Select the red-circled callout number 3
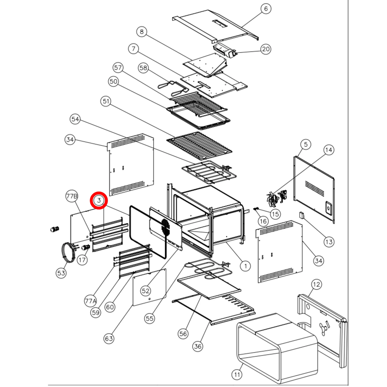click(x=99, y=201)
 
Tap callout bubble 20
click(x=266, y=49)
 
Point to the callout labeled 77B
click(x=72, y=197)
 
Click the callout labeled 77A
click(x=91, y=301)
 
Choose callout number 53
click(x=62, y=273)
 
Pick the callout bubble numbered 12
click(x=316, y=285)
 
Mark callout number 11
click(x=237, y=375)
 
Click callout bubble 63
click(x=109, y=338)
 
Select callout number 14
click(x=328, y=150)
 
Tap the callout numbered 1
click(x=245, y=266)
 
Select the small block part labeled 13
click(x=301, y=215)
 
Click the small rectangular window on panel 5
click(x=328, y=208)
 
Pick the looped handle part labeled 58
click(x=173, y=87)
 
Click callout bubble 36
click(x=198, y=346)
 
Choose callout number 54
click(x=76, y=119)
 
